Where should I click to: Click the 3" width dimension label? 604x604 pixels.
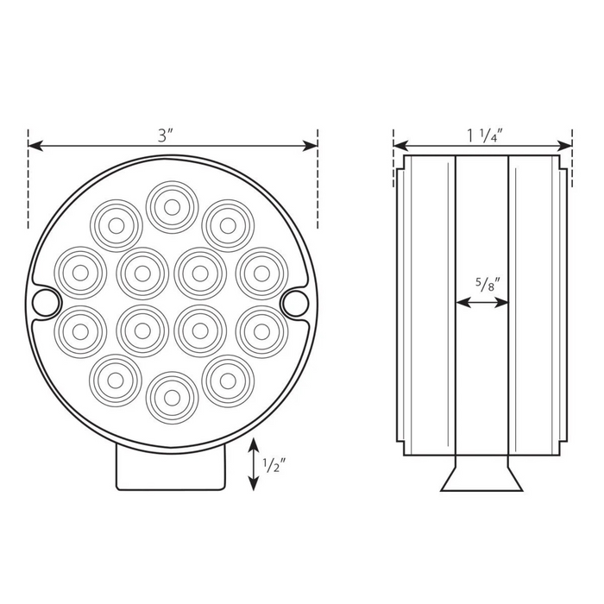[x=167, y=135]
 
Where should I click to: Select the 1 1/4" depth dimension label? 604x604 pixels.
[x=484, y=135]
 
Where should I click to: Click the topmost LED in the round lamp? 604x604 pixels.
[x=172, y=207]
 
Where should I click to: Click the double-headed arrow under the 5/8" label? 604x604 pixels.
[x=482, y=303]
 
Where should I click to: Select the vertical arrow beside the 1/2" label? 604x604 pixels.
[x=253, y=464]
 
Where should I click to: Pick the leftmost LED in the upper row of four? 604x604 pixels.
[x=80, y=271]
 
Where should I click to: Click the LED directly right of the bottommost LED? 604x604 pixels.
[x=228, y=380]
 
